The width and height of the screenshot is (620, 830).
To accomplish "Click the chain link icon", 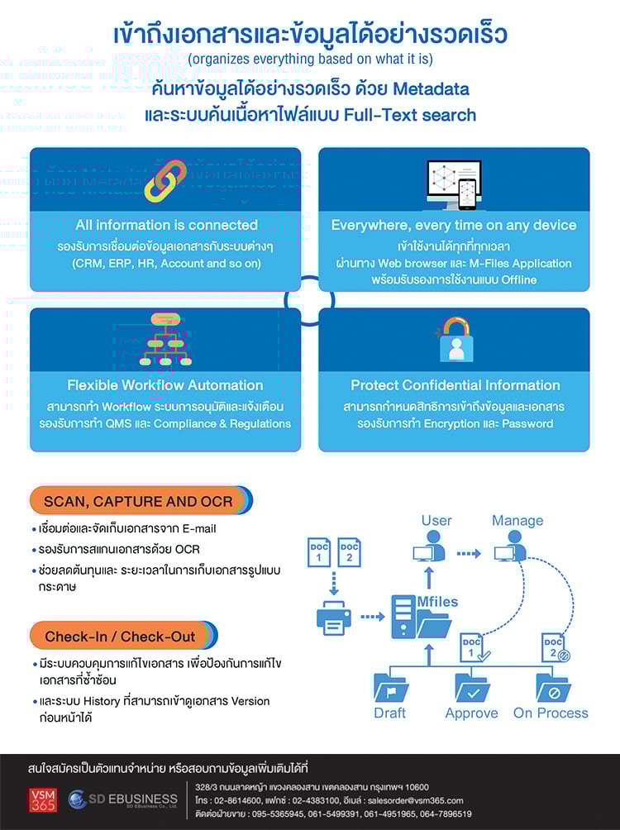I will tap(165, 181).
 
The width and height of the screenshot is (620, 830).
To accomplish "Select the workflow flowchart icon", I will tap(165, 340).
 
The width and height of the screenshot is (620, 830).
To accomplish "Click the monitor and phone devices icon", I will tap(453, 184).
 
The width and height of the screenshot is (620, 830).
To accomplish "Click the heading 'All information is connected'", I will tap(166, 225).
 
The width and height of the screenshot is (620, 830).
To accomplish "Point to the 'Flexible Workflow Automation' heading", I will tap(165, 385).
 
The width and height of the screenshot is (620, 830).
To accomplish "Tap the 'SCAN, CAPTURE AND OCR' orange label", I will tap(138, 502).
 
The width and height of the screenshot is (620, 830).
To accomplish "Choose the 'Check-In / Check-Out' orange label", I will tap(121, 637).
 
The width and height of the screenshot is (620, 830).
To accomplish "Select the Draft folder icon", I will tap(390, 687).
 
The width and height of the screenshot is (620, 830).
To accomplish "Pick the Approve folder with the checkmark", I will tap(472, 687).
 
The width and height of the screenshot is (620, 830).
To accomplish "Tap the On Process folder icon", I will tap(552, 687).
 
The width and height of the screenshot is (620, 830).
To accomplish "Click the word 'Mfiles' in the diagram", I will tap(437, 602).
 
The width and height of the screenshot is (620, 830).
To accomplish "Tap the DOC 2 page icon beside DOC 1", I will tap(349, 553).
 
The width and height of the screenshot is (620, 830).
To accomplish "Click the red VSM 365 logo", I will tap(41, 800).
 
